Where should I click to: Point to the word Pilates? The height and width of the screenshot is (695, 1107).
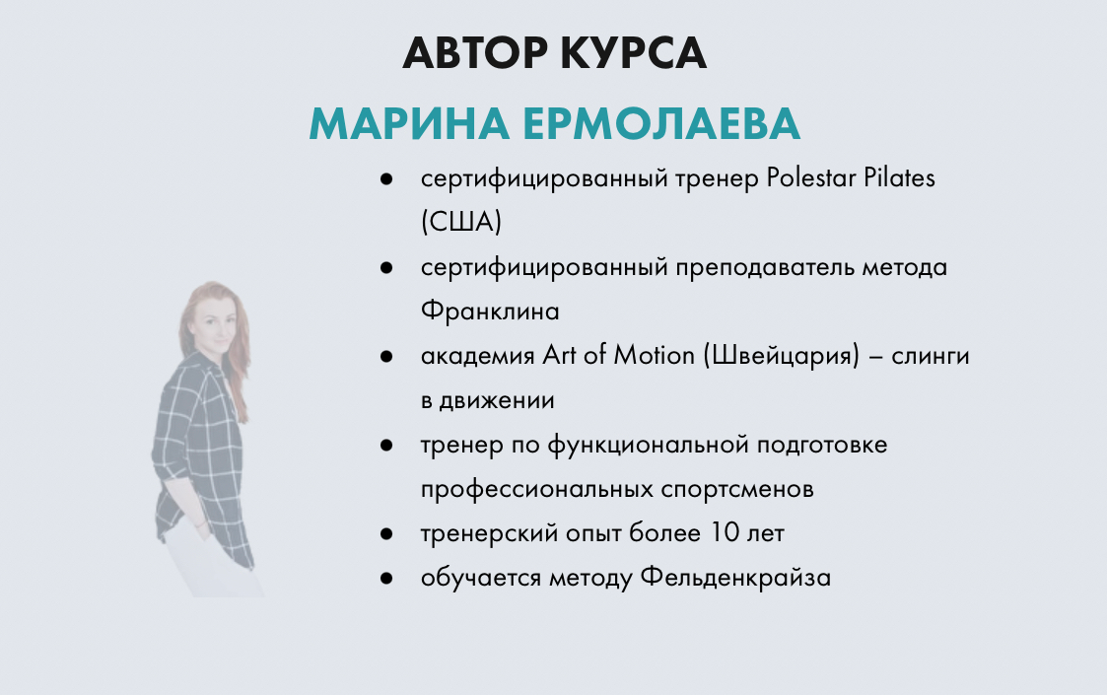[900, 179]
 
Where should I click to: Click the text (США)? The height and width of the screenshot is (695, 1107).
[460, 223]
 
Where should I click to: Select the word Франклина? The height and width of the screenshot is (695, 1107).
[490, 312]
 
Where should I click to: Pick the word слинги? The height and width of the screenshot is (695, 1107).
[931, 356]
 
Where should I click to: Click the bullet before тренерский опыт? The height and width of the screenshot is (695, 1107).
[387, 534]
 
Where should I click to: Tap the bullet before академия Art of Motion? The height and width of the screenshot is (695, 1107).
[387, 357]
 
